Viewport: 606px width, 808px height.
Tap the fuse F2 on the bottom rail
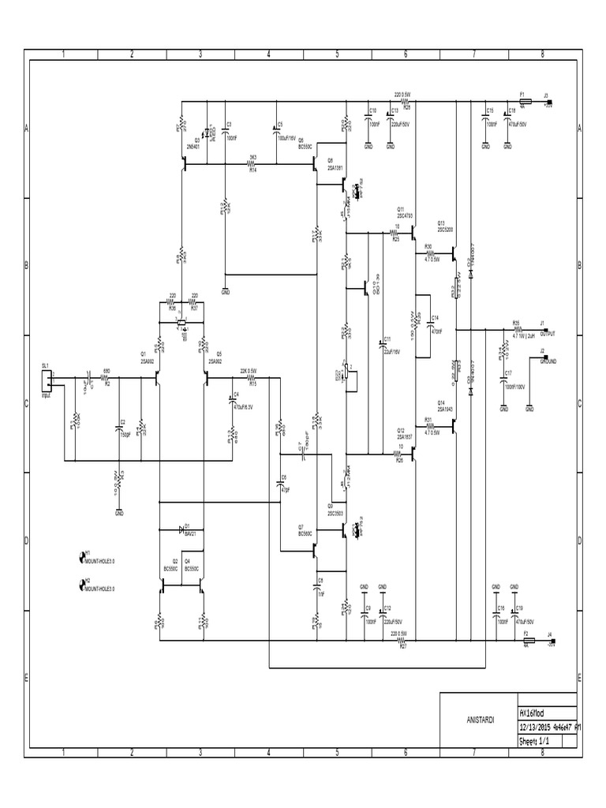(525, 639)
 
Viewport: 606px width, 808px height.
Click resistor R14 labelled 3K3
(252, 164)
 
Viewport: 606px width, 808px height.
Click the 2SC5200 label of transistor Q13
(446, 230)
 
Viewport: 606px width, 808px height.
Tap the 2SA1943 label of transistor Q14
(444, 409)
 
